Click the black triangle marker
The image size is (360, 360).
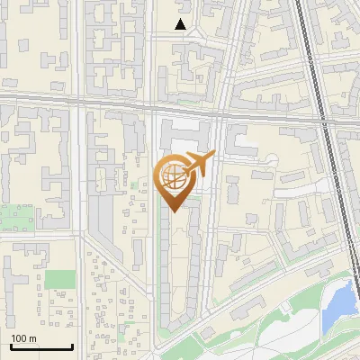[x=181, y=24]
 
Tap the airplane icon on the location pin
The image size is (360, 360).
[x=196, y=164]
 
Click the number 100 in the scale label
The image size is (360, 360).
[x=20, y=338]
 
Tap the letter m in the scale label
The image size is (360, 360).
[x=32, y=338]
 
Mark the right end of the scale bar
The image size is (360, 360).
[x=72, y=346]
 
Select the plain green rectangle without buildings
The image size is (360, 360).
[x=59, y=280]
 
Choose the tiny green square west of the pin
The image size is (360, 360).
[x=136, y=185]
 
